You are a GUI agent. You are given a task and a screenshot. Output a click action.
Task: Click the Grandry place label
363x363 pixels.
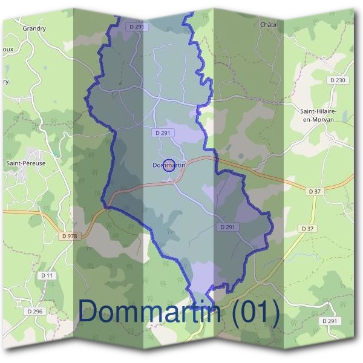34,28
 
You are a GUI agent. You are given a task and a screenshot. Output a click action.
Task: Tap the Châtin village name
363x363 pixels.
269,25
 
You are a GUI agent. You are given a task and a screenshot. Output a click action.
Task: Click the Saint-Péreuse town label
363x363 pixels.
23,163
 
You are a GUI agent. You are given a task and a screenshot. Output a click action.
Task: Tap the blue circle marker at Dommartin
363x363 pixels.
169,165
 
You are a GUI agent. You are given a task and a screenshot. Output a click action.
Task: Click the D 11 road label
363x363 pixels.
48,275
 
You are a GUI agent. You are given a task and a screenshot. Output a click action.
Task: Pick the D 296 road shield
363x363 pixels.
35,311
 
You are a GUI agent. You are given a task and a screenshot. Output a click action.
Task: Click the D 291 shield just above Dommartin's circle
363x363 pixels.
164,132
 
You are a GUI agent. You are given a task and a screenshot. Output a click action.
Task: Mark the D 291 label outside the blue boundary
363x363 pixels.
330,321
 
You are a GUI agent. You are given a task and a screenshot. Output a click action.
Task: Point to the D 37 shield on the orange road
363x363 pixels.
314,192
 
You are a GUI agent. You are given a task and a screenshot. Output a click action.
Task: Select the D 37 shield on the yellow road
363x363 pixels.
307,229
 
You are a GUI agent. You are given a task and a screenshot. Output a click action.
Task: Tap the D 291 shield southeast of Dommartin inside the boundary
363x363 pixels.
227,227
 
